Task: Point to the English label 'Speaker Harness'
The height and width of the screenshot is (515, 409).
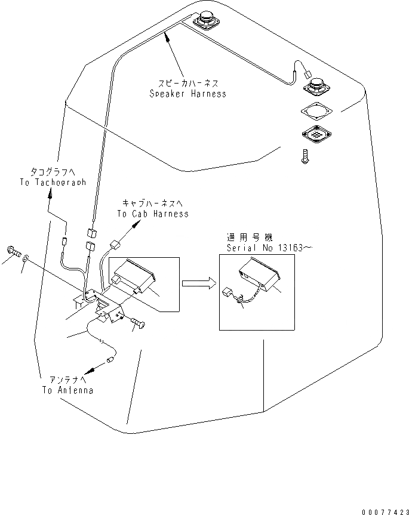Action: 187,94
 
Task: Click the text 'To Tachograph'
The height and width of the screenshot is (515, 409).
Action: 53,182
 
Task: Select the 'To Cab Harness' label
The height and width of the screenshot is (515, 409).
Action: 152,213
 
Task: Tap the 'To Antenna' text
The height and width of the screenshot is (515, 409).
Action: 67,390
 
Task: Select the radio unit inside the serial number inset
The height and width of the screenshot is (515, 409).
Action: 260,279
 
